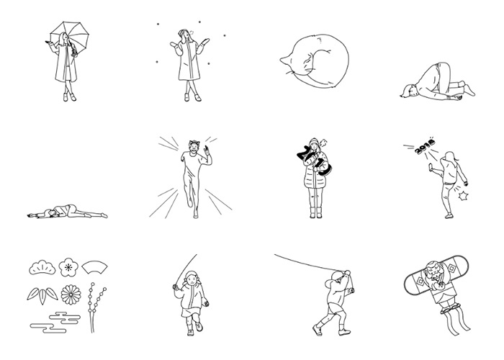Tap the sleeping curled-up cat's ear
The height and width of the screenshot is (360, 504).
[x=284, y=60]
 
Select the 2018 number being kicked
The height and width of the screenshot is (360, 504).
[x=425, y=146]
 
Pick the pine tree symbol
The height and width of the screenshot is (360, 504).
[x=42, y=268]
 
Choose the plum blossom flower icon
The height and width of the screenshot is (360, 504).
[x=68, y=267]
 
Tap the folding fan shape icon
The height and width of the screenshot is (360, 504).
[x=94, y=267]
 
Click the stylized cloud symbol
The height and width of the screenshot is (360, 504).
[x=55, y=322]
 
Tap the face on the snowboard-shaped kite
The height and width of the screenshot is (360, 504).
[x=433, y=271]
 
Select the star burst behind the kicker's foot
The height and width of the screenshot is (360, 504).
[x=462, y=196]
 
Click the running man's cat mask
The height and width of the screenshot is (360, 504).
[x=194, y=147]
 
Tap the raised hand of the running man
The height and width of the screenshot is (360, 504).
[x=207, y=150]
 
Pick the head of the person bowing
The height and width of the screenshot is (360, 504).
[x=408, y=91]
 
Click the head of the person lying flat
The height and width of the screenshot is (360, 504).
[x=49, y=213]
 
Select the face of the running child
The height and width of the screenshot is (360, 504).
[x=192, y=280]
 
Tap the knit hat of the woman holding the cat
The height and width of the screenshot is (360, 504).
[x=314, y=142]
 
